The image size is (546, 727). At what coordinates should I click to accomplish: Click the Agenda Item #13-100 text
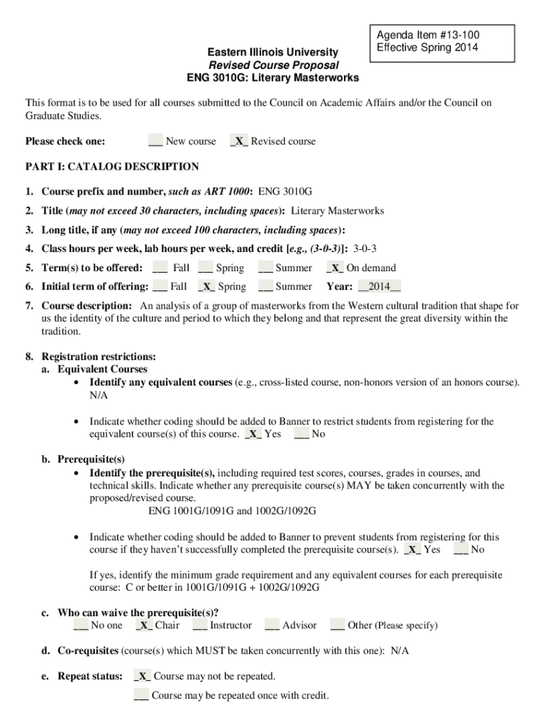pyautogui.click(x=423, y=35)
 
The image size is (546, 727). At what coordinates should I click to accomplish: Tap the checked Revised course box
pyautogui.click(x=239, y=141)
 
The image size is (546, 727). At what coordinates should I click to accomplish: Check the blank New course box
pyautogui.click(x=155, y=141)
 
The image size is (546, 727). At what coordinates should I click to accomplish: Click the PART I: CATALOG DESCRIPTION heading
pyautogui.click(x=112, y=167)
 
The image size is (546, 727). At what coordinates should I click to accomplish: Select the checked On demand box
pyautogui.click(x=335, y=268)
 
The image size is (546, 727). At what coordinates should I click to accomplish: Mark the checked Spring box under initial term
pyautogui.click(x=206, y=287)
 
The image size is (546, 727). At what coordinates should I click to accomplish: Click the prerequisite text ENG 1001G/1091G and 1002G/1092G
pyautogui.click(x=232, y=511)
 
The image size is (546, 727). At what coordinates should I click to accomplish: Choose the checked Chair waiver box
pyautogui.click(x=144, y=625)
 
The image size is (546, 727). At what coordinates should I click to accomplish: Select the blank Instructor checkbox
pyautogui.click(x=199, y=625)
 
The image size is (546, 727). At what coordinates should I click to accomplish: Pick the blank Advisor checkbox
pyautogui.click(x=272, y=625)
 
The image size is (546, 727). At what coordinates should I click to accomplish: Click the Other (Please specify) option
pyautogui.click(x=391, y=625)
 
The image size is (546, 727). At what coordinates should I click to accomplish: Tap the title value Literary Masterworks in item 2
pyautogui.click(x=338, y=211)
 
